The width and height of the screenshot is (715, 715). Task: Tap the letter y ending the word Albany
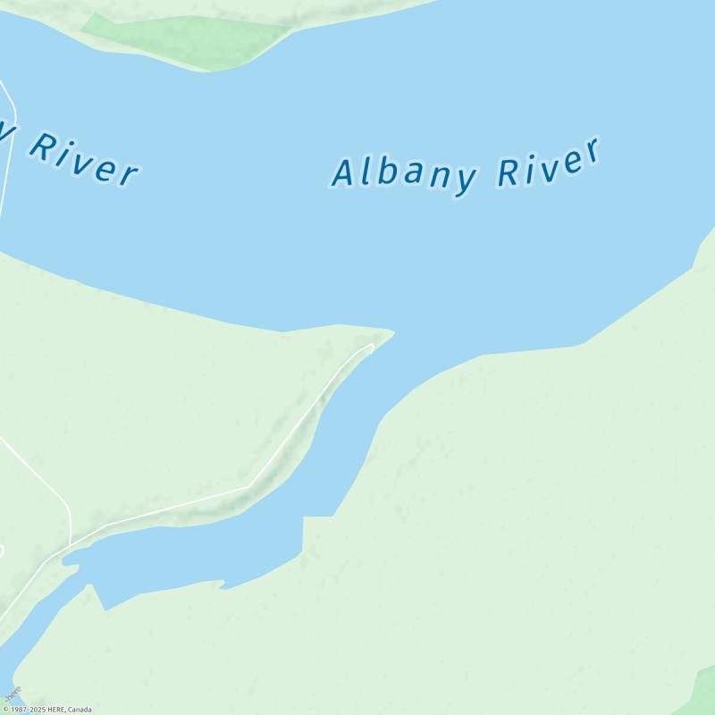point(464,179)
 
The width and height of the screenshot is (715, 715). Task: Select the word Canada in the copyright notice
point(80,711)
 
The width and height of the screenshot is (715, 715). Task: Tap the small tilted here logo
point(12,694)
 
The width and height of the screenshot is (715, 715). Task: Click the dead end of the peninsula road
point(371,346)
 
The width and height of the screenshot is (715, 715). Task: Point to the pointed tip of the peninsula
point(392,332)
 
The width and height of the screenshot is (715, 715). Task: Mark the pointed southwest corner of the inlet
point(105,609)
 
